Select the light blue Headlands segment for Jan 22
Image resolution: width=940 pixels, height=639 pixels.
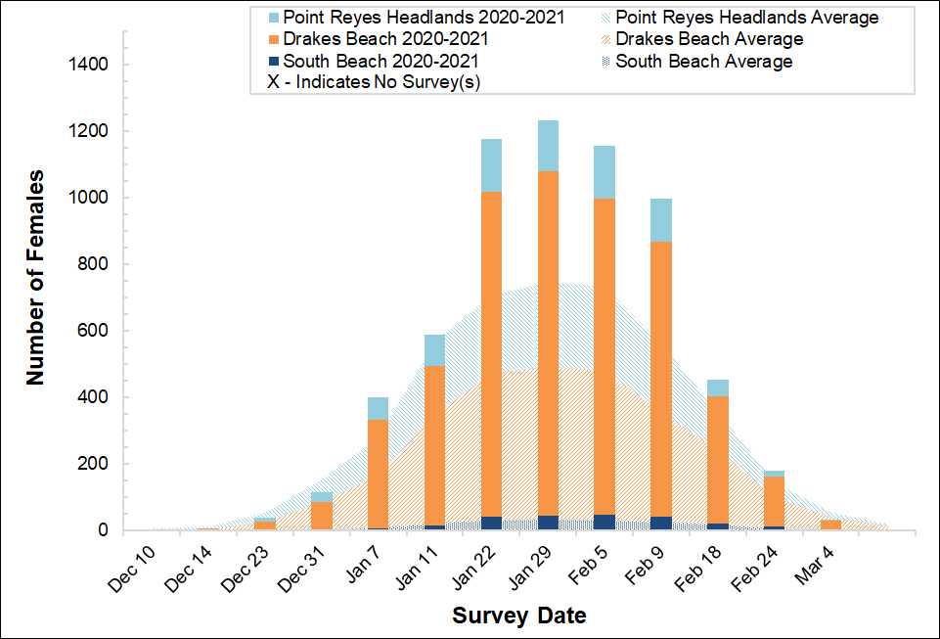492,164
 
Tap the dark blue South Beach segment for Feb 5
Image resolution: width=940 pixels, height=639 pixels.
604,523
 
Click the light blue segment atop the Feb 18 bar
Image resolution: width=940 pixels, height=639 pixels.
718,388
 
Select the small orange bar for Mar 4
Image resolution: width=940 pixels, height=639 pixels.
830,525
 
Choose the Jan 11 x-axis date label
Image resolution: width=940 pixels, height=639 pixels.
416,568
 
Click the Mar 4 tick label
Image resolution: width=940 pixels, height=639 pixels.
812,565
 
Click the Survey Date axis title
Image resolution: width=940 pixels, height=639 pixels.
519,616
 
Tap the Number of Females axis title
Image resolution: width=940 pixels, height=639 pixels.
35,278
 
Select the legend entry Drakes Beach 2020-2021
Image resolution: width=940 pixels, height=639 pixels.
387,39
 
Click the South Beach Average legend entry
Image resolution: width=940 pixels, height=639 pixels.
703,61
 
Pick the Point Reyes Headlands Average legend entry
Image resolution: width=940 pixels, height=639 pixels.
746,18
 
